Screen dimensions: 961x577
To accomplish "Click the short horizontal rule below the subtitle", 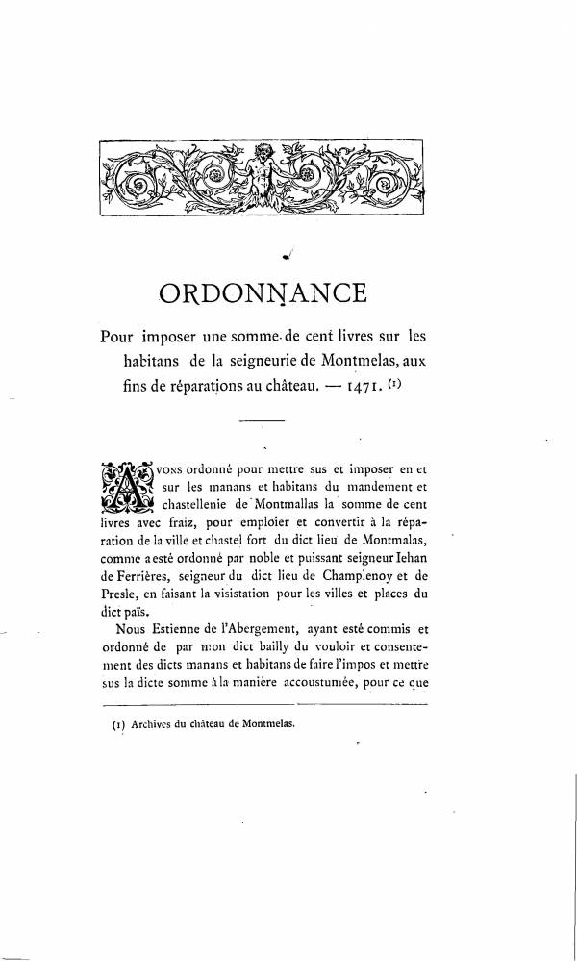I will click(x=262, y=421).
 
